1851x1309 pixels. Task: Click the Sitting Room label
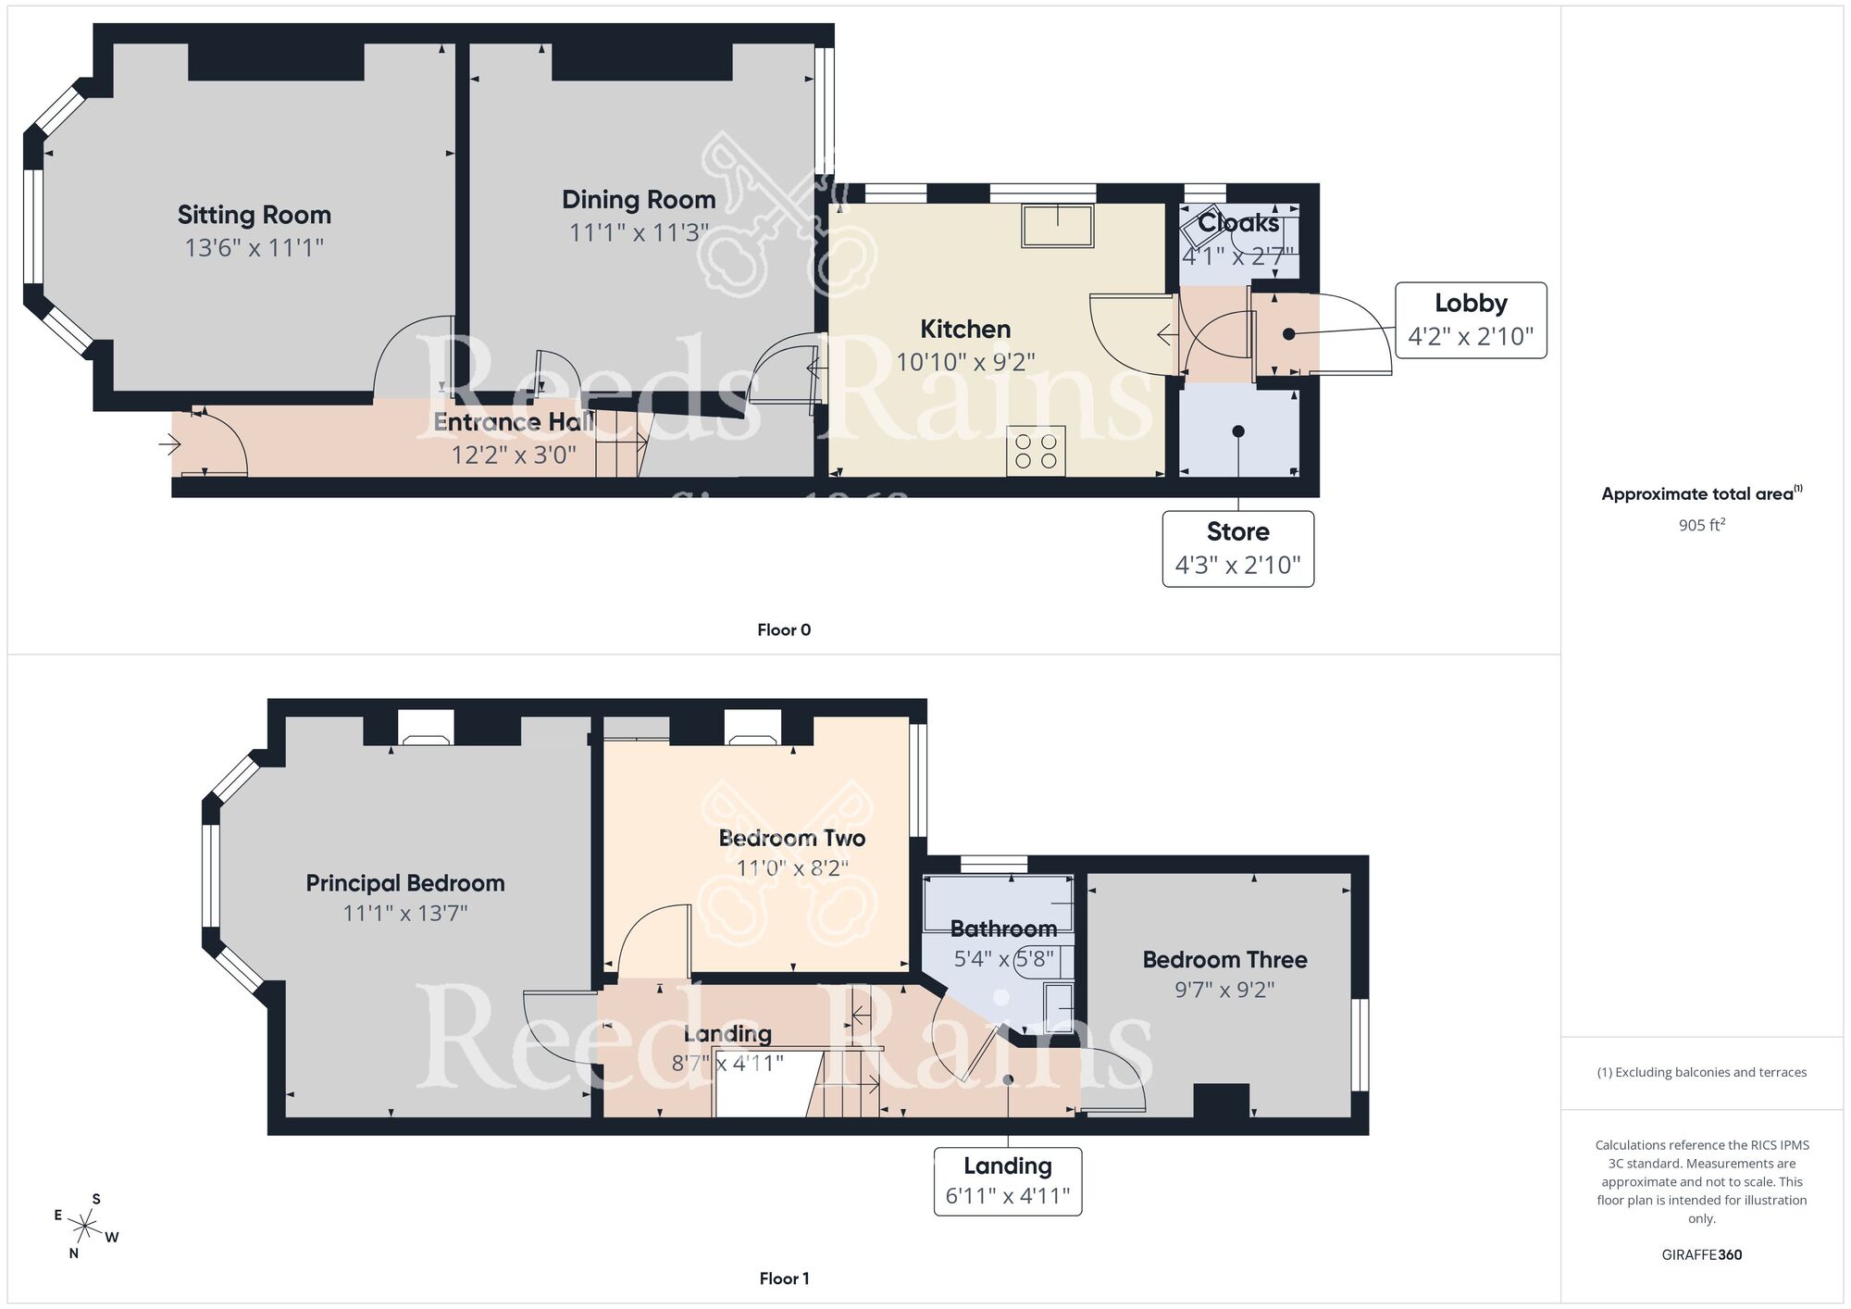click(x=255, y=215)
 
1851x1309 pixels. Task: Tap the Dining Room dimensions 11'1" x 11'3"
click(x=639, y=232)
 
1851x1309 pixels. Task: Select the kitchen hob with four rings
click(x=1037, y=451)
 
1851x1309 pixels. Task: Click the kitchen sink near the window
click(x=1058, y=225)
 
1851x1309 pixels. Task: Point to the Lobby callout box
click(x=1471, y=320)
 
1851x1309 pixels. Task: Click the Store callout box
click(x=1237, y=549)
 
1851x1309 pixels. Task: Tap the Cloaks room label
click(x=1238, y=223)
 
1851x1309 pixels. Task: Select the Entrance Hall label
click(x=514, y=422)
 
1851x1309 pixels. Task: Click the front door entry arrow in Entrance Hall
click(x=169, y=445)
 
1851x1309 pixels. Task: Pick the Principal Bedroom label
click(x=405, y=883)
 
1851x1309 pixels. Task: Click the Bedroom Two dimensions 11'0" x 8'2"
click(x=792, y=868)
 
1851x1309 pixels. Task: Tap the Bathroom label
click(x=1003, y=929)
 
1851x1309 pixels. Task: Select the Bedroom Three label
click(x=1224, y=960)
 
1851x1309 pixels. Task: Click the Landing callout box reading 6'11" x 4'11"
click(x=1008, y=1181)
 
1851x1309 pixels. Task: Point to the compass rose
click(x=85, y=1228)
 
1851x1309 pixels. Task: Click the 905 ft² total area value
click(x=1701, y=525)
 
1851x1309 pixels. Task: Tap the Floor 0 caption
click(x=784, y=630)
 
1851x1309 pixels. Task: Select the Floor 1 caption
click(x=784, y=1278)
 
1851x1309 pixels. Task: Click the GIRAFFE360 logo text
click(x=1701, y=1255)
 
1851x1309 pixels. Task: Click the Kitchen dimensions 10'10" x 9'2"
click(x=965, y=362)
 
